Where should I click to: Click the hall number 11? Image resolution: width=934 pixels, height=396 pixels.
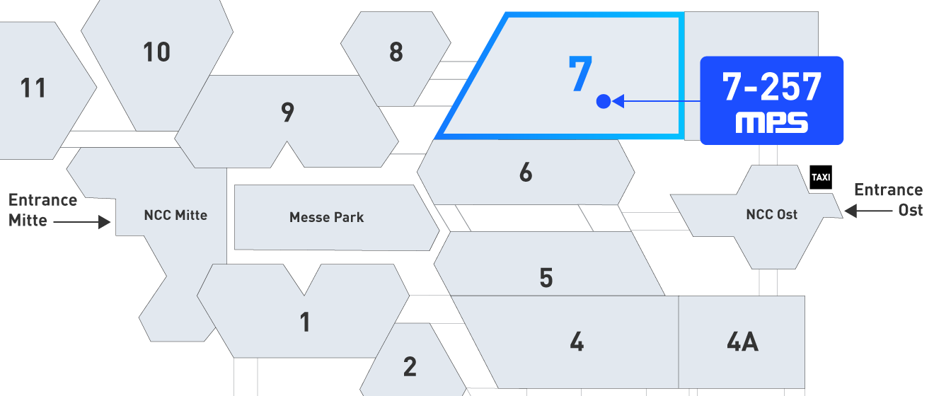click(33, 88)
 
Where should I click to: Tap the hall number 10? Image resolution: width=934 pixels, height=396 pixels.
click(157, 52)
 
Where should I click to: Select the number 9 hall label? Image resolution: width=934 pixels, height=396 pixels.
click(288, 112)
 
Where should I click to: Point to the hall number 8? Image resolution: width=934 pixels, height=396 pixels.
click(396, 52)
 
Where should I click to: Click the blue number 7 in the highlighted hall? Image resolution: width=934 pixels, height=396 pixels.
click(580, 74)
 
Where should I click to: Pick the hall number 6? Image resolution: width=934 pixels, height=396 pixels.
click(526, 172)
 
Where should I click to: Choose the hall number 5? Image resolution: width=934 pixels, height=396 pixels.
click(546, 278)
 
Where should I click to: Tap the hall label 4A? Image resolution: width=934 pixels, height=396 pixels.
click(743, 342)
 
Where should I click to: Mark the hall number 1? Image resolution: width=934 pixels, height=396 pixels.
click(305, 322)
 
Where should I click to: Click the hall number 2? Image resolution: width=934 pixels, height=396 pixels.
click(410, 367)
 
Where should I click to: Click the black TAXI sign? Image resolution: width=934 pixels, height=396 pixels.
click(821, 177)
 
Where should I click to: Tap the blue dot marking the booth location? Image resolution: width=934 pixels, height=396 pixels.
click(604, 101)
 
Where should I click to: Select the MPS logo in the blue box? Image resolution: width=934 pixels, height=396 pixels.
click(772, 122)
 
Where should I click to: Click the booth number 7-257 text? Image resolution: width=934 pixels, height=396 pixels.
click(772, 87)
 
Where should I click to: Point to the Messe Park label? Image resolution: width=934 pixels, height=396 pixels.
click(326, 217)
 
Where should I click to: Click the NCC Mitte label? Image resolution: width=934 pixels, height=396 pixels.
click(175, 215)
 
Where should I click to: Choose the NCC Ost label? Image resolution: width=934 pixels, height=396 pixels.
click(772, 214)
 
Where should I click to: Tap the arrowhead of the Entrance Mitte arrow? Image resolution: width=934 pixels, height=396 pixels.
click(105, 222)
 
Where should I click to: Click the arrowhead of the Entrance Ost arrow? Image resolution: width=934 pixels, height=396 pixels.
click(851, 211)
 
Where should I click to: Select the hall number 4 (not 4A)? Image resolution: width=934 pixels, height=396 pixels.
click(577, 342)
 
